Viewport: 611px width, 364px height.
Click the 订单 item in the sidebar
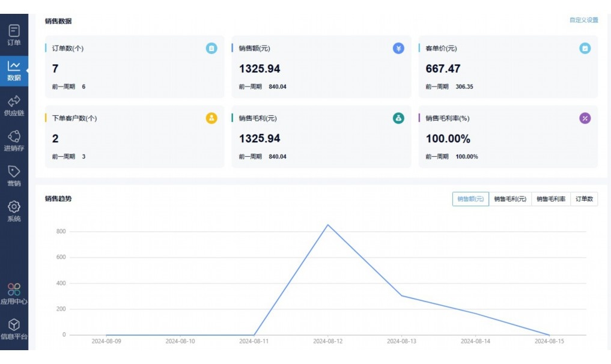click(x=14, y=34)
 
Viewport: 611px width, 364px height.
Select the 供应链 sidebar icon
click(x=14, y=105)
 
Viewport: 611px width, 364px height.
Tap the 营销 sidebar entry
click(x=14, y=175)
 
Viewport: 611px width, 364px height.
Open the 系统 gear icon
click(x=14, y=207)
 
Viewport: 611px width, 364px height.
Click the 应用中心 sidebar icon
click(x=14, y=290)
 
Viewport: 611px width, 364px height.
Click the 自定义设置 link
click(x=583, y=20)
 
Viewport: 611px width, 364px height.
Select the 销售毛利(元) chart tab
click(x=510, y=199)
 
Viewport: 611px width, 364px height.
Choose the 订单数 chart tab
click(x=585, y=199)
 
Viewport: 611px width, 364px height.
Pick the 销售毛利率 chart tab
click(x=551, y=199)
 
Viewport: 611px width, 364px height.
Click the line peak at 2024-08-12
click(x=328, y=225)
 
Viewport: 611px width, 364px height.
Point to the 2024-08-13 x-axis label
click(x=401, y=341)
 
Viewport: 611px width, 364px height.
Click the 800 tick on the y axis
click(x=61, y=231)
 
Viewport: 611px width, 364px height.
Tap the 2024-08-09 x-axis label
click(x=106, y=341)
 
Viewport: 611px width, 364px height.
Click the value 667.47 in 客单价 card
click(x=443, y=68)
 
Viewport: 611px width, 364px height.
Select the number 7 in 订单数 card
click(x=55, y=68)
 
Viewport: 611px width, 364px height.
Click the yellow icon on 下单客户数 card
click(x=211, y=118)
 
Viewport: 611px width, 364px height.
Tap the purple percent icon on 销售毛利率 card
click(x=585, y=118)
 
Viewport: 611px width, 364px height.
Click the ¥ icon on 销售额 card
click(x=398, y=49)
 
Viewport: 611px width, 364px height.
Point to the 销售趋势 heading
click(x=58, y=198)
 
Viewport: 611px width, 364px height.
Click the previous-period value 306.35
click(x=464, y=86)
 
